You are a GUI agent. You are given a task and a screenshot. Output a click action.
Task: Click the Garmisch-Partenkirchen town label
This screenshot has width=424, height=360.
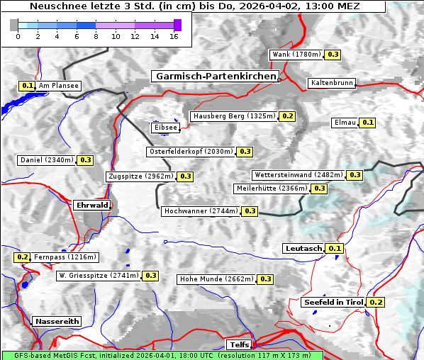215,76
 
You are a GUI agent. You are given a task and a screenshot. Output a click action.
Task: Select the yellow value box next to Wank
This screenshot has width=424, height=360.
333,55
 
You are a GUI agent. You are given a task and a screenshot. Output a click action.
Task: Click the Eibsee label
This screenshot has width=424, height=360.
164,128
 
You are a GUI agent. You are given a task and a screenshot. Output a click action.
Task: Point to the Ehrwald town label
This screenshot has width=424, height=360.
92,205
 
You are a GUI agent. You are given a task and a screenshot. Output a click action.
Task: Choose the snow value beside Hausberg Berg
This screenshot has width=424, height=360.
287,116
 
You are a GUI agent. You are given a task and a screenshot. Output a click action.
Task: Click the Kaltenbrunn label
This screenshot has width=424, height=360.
331,83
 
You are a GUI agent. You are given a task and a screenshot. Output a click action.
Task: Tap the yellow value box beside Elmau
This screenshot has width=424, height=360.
367,123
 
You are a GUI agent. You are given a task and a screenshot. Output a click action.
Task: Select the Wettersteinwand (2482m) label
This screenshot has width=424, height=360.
299,175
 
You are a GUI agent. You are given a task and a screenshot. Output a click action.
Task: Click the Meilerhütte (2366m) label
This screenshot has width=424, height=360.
272,189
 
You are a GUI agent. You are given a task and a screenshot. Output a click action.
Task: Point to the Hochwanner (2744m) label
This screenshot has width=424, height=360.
201,211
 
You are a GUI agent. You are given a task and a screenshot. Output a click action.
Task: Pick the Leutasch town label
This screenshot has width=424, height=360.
303,248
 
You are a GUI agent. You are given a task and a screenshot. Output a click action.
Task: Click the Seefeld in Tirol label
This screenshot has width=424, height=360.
333,302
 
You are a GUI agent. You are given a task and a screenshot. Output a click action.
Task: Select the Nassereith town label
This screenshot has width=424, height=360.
57,321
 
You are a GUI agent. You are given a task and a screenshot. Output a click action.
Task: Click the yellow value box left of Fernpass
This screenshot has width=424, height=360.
22,257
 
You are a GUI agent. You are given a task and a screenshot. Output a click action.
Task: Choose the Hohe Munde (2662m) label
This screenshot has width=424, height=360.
216,279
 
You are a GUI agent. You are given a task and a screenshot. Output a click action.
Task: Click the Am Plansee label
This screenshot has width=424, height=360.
58,86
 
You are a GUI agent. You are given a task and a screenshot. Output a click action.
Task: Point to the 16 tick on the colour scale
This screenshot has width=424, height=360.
174,35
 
